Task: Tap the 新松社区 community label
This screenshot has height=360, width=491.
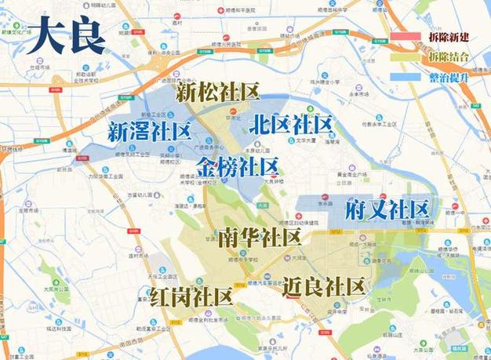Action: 216,93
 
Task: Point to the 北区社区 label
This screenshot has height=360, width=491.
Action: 290,124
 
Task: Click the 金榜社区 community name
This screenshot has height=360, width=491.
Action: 237,166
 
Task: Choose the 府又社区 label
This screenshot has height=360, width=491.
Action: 387,209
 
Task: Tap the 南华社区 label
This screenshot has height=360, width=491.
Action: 260,237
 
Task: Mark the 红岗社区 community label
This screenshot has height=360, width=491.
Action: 192,296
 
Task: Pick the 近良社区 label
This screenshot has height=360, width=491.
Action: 325,286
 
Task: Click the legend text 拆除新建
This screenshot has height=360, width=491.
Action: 449,37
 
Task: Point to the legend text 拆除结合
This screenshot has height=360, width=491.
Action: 449,56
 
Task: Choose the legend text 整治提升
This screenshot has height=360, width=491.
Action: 449,77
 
